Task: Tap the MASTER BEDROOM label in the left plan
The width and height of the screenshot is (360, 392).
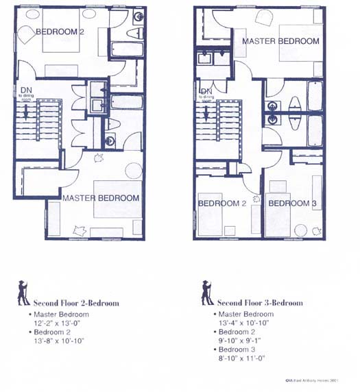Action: pyautogui.click(x=101, y=197)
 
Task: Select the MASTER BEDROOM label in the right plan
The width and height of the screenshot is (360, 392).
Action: pyautogui.click(x=280, y=41)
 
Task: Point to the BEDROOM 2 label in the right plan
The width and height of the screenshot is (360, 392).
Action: pyautogui.click(x=222, y=204)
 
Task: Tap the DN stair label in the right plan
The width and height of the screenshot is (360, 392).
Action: pyautogui.click(x=205, y=92)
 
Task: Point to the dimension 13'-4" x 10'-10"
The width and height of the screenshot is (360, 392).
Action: pyautogui.click(x=245, y=322)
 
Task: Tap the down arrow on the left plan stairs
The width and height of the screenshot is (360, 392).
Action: pyautogui.click(x=25, y=114)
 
